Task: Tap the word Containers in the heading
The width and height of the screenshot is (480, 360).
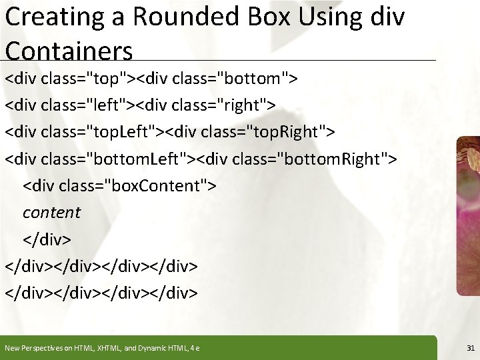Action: (69, 50)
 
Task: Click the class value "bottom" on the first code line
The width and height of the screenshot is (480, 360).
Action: (257, 79)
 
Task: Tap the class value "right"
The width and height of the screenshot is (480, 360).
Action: (248, 105)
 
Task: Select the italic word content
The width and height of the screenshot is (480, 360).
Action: (51, 213)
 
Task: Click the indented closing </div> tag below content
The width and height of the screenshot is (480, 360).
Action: (47, 239)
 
